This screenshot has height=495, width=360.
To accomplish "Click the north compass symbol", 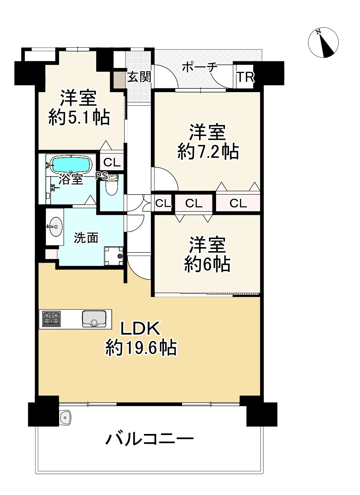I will coord(323,43).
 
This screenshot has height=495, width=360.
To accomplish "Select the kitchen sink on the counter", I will coord(94,319).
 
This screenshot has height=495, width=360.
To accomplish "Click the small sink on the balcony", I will coord(66,418).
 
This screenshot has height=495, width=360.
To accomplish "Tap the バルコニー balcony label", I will coord(149,440).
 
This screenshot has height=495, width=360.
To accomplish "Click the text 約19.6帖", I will coord(141,348).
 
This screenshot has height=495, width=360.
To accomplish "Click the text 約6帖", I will coord(207,264).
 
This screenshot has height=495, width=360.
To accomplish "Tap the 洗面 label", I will coord(86,238).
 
